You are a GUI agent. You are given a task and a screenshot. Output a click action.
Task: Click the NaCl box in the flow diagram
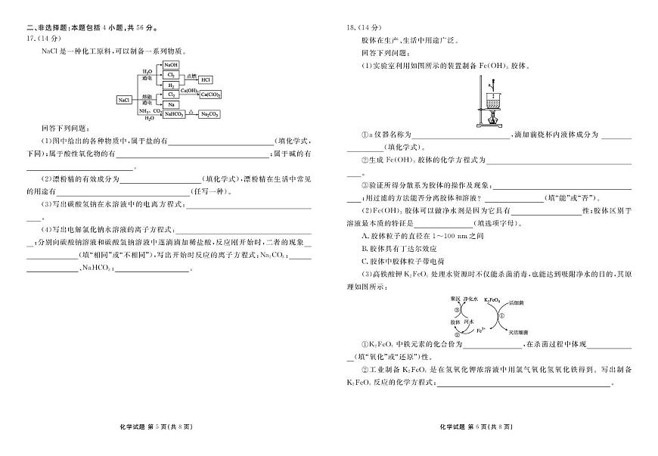tap(124, 99)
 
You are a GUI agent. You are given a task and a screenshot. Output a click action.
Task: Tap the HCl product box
tap(206, 79)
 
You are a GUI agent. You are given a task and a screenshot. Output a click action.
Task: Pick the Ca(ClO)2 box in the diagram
tap(210, 95)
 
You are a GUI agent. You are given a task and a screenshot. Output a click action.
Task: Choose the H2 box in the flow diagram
tap(171, 86)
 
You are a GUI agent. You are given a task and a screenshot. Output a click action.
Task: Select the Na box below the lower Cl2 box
tap(171, 104)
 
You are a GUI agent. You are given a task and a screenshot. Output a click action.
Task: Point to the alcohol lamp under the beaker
tap(495, 118)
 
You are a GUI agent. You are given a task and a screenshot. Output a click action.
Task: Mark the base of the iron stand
tap(488, 125)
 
